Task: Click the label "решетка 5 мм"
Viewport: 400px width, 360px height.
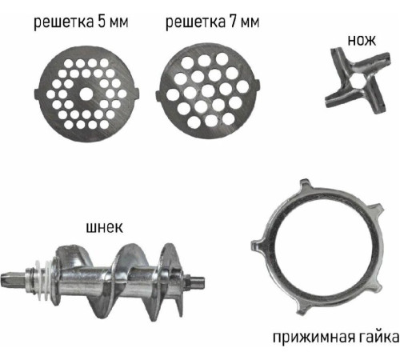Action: pyautogui.click(x=81, y=22)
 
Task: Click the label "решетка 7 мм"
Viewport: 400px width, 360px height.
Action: pyautogui.click(x=213, y=22)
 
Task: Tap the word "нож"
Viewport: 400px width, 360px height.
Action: pyautogui.click(x=362, y=41)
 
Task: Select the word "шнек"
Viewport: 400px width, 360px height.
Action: pyautogui.click(x=105, y=228)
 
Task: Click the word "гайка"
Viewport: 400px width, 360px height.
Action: pyautogui.click(x=379, y=337)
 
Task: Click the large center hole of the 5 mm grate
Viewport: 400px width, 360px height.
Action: pyautogui.click(x=86, y=94)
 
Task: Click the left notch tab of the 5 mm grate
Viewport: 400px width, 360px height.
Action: pyautogui.click(x=38, y=94)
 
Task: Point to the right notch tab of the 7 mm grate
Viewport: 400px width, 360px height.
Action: pyautogui.click(x=257, y=86)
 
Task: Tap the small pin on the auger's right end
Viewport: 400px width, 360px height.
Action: pyautogui.click(x=198, y=282)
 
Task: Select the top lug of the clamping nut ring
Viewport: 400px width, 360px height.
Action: pyautogui.click(x=306, y=186)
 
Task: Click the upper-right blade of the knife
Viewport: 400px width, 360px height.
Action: pyautogui.click(x=374, y=62)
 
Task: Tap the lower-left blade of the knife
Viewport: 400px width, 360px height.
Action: pyautogui.click(x=338, y=98)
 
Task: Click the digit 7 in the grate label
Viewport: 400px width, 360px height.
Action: pyautogui.click(x=233, y=22)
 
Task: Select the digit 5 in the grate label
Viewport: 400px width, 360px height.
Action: pyautogui.click(x=102, y=22)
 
